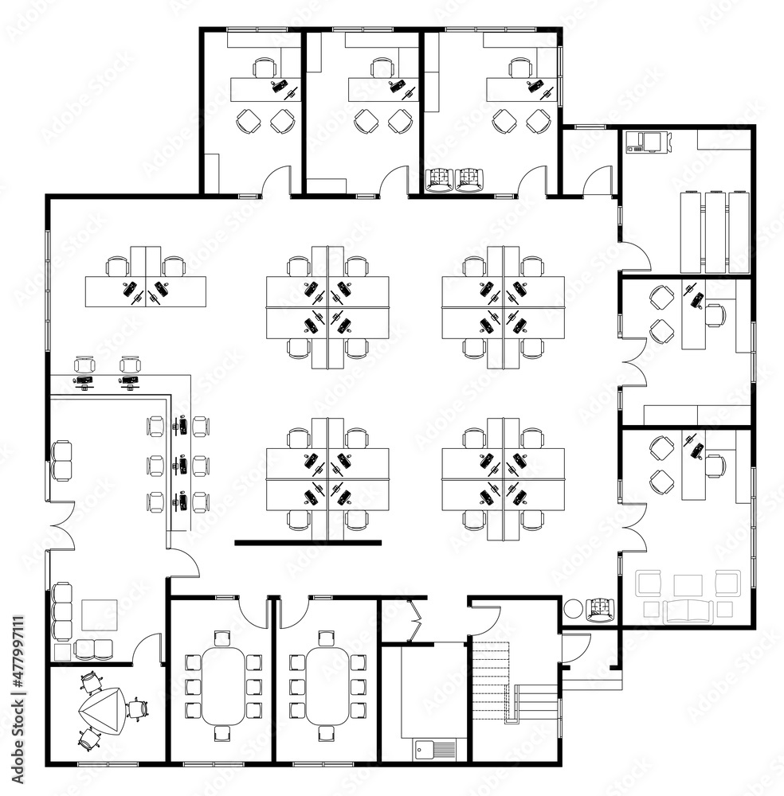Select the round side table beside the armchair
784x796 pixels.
click(572, 611)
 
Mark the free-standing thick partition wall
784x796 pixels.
click(308, 543)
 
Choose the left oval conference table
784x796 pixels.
click(223, 685)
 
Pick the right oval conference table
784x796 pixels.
click(327, 685)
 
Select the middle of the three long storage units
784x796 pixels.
click(715, 231)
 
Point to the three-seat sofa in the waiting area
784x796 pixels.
click(61, 611)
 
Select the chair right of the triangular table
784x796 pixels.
click(138, 707)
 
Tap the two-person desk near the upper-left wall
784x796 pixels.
click(146, 290)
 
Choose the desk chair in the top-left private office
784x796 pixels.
click(264, 68)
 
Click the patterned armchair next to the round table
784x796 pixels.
click(601, 610)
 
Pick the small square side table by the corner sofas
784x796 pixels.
click(61, 652)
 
